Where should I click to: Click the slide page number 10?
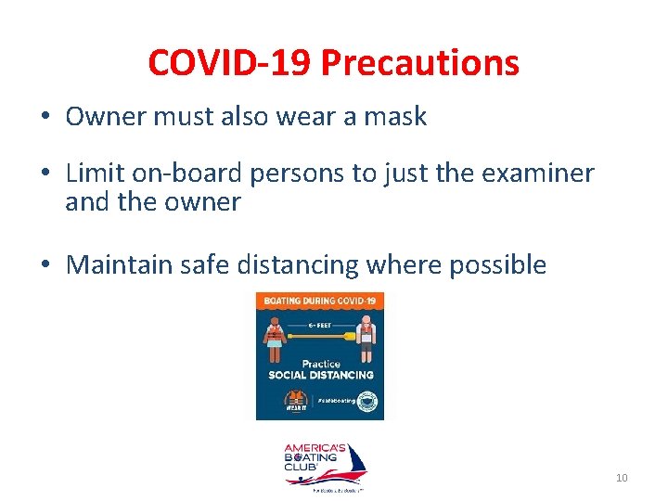pyautogui.click(x=622, y=478)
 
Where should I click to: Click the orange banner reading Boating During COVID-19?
pyautogui.click(x=319, y=302)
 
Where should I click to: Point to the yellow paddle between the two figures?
pyautogui.click(x=320, y=336)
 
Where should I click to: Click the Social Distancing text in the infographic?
pyautogui.click(x=320, y=375)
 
